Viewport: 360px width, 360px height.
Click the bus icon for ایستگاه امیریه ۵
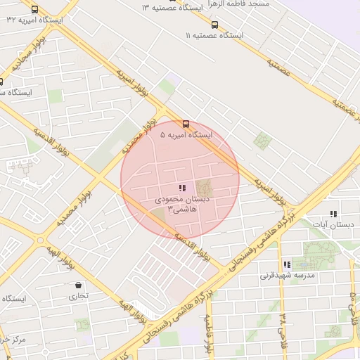(186, 124)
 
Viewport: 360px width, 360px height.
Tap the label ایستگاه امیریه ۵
(186, 134)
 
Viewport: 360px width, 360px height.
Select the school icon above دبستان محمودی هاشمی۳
(182, 188)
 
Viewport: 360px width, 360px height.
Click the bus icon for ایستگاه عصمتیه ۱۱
(214, 25)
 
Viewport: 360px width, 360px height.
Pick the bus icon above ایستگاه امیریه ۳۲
(35, 10)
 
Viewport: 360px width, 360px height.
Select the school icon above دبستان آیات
(333, 213)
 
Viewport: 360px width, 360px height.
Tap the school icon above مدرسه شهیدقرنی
(286, 264)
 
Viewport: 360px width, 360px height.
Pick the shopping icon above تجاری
(77, 285)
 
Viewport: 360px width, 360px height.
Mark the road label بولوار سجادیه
(25, 55)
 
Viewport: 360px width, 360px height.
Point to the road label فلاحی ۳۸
(284, 326)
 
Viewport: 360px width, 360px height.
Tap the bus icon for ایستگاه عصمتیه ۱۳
(172, 1)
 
